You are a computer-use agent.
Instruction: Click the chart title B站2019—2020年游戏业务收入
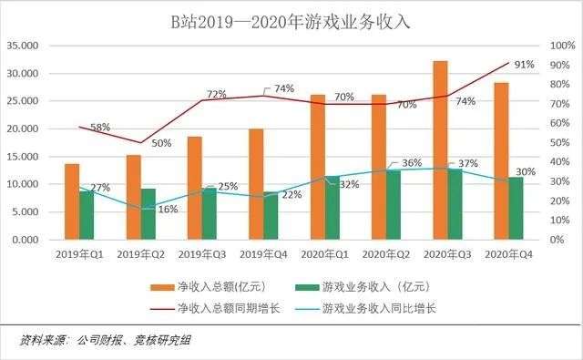(291, 22)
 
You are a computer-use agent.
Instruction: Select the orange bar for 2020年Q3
(440, 149)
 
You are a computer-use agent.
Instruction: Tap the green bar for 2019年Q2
(148, 214)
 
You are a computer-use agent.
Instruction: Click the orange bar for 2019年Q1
(72, 201)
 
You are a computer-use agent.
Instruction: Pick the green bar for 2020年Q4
(516, 208)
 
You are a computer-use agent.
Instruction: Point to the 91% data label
(525, 65)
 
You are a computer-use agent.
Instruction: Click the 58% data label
(100, 128)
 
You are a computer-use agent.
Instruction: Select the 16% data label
(168, 210)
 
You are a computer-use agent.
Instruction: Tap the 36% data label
(412, 163)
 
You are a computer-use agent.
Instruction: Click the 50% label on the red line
(161, 143)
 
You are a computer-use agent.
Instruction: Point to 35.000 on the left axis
(23, 46)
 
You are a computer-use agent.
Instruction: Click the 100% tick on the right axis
(563, 46)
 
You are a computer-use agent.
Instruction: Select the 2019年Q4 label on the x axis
(263, 255)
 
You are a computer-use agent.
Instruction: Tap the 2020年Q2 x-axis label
(386, 255)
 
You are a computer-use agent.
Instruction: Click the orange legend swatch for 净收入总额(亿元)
(162, 287)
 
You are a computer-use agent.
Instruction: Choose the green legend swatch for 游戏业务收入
(307, 287)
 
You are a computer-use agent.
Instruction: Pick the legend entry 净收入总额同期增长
(215, 309)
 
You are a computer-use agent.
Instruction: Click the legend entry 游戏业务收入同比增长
(365, 309)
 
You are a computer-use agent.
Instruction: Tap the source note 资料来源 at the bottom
(105, 340)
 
